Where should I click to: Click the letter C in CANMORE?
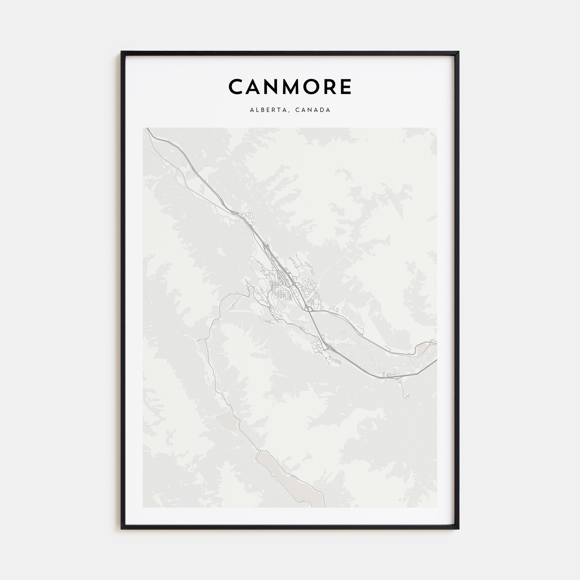(x=237, y=87)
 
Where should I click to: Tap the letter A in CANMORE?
(x=255, y=87)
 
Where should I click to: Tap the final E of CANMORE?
(x=346, y=87)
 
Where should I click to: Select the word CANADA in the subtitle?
(x=313, y=110)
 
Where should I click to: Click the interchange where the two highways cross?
(x=308, y=308)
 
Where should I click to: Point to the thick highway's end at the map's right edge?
(x=436, y=360)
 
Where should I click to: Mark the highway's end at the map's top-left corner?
(x=147, y=129)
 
